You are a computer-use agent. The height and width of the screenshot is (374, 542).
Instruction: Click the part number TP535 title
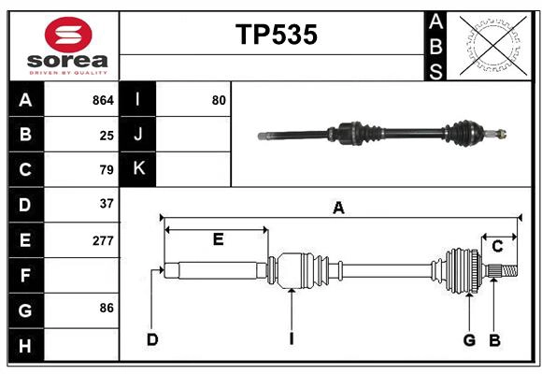pos(276,35)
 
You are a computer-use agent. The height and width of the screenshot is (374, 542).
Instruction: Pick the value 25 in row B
pos(107,136)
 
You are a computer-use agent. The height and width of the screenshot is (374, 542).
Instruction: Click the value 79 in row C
pos(107,170)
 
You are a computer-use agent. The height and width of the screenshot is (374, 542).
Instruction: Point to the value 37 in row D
pos(107,204)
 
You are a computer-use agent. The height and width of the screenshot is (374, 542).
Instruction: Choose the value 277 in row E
pos(103,240)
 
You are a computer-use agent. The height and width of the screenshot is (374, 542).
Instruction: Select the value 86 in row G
pos(107,308)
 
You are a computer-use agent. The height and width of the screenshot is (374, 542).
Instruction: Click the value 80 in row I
pos(219,100)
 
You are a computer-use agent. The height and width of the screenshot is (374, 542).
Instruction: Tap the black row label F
pos(25,275)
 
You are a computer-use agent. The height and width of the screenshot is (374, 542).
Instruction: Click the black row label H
pos(25,345)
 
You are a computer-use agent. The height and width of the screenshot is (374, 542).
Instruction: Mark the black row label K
pos(138,169)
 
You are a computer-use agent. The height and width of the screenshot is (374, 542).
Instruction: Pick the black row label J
pos(138,135)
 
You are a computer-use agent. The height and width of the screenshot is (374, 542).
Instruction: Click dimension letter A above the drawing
pos(338,209)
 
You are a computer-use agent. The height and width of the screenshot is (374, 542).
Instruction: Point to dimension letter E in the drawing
pos(217,239)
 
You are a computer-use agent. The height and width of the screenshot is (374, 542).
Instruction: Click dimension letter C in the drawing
pos(497,247)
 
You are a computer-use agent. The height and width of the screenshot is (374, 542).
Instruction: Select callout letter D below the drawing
pos(151,339)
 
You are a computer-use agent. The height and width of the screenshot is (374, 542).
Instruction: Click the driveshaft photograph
pos(383,134)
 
